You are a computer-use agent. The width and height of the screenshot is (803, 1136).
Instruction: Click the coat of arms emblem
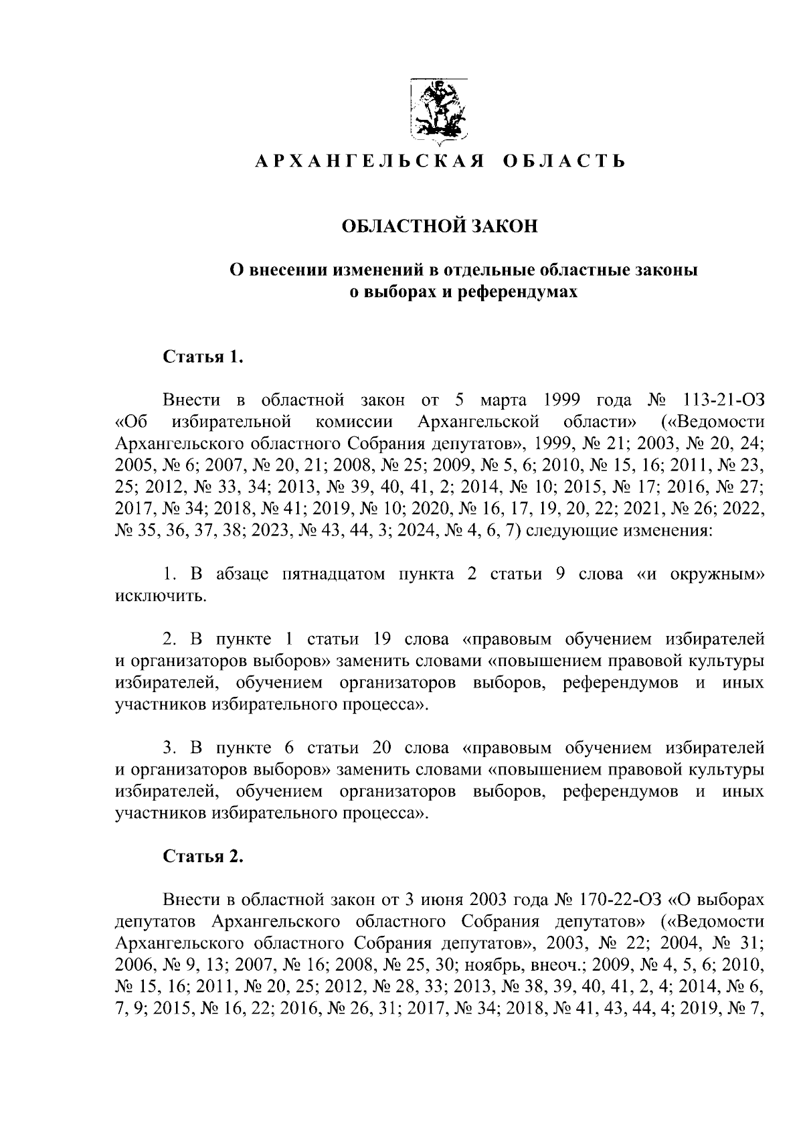(x=439, y=112)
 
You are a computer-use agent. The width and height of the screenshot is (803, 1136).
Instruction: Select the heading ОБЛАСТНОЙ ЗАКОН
(x=440, y=226)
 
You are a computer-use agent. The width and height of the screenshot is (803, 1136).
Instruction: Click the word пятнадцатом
(x=334, y=574)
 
